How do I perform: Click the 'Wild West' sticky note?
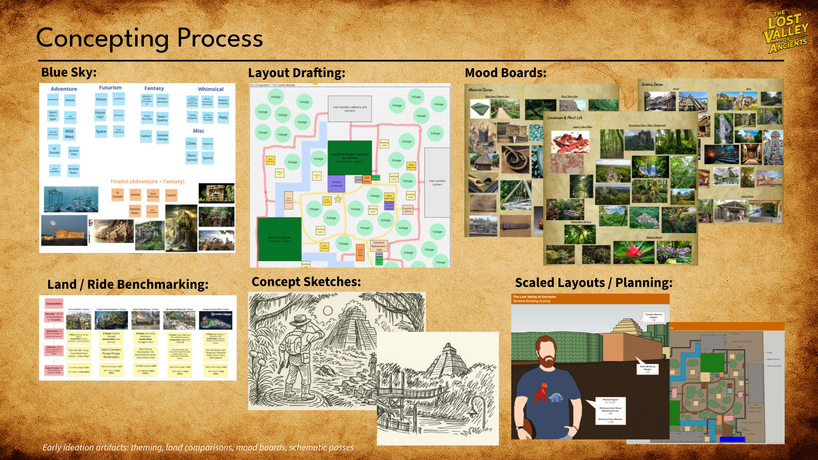[69, 134]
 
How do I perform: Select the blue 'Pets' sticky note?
[223, 117]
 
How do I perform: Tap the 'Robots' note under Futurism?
[101, 99]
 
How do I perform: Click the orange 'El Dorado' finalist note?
[118, 195]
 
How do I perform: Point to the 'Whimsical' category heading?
[210, 89]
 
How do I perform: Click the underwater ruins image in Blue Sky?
[71, 199]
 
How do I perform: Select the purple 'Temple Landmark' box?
[336, 184]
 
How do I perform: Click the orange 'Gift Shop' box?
[367, 179]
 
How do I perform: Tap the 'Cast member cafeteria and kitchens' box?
[349, 109]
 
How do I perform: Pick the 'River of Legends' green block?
[279, 239]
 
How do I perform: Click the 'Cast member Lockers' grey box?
[437, 182]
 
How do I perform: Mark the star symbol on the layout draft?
[338, 199]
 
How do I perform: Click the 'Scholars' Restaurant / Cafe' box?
[379, 246]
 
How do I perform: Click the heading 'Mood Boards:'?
[505, 73]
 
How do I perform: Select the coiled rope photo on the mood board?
[516, 158]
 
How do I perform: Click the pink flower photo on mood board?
[634, 252]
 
